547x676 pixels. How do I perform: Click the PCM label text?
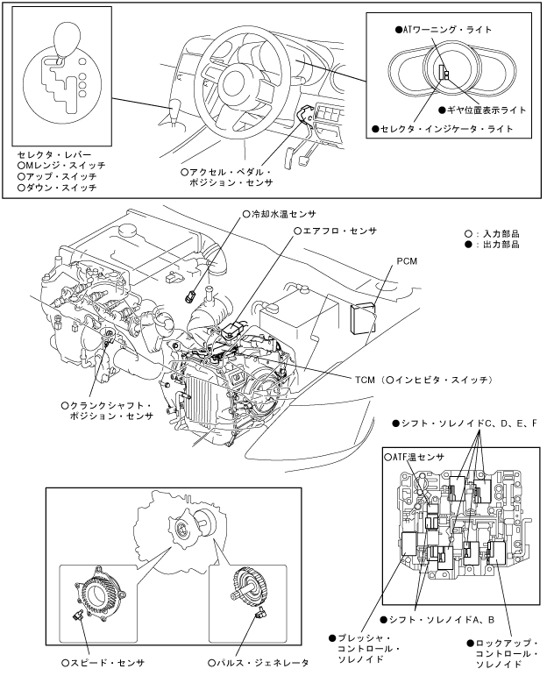(x=407, y=261)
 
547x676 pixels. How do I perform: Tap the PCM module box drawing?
(x=362, y=319)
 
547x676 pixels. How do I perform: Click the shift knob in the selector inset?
(x=67, y=39)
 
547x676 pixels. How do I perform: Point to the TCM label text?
(x=365, y=381)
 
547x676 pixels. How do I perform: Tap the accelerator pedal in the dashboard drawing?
(x=289, y=157)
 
